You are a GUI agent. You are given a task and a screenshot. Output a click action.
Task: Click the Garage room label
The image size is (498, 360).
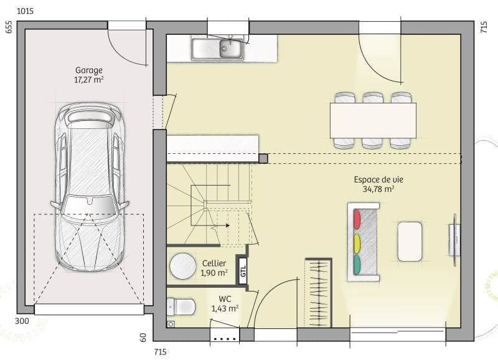click(x=89, y=70)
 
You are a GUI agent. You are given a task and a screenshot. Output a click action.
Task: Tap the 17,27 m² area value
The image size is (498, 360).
click(x=89, y=80)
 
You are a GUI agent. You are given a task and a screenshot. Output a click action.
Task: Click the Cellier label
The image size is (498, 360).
click(x=214, y=263)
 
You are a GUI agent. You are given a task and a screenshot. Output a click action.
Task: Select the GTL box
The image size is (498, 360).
click(x=243, y=271)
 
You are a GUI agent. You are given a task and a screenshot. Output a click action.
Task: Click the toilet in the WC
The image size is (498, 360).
click(x=180, y=306)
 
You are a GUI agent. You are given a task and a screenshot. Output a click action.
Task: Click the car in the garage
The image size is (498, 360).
click(x=89, y=187)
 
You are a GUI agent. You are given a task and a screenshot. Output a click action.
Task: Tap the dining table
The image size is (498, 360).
click(x=373, y=120)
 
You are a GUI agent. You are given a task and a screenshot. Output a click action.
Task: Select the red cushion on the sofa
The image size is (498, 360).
click(x=357, y=219)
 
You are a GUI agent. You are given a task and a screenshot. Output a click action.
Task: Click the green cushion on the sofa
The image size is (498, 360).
click(x=357, y=264)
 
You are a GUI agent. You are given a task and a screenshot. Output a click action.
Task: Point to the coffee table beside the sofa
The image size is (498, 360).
click(x=410, y=241)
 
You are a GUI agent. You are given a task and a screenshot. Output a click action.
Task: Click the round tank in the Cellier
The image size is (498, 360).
click(x=183, y=266)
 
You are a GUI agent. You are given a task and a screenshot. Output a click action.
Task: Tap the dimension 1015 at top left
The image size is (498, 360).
click(x=25, y=11)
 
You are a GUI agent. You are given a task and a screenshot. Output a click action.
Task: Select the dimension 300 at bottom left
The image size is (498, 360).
click(x=21, y=321)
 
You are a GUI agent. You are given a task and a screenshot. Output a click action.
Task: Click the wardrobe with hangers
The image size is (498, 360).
click(x=318, y=292)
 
